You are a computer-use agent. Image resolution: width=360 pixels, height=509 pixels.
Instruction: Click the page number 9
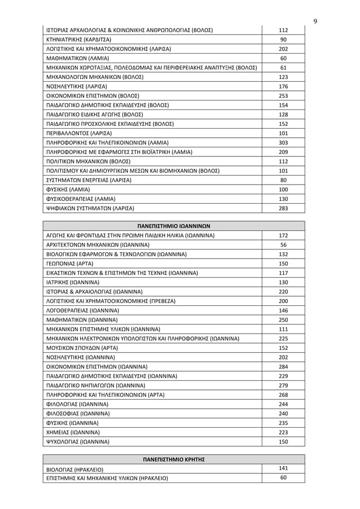pyautogui.click(x=315, y=21)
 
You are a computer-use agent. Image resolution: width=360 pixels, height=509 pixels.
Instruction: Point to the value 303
pyautogui.click(x=284, y=142)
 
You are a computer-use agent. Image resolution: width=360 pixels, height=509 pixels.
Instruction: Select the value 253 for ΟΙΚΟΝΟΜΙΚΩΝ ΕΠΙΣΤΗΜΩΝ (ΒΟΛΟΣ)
pyautogui.click(x=284, y=95)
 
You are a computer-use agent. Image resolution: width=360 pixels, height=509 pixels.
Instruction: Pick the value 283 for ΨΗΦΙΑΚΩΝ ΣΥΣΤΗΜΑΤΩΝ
pyautogui.click(x=284, y=208)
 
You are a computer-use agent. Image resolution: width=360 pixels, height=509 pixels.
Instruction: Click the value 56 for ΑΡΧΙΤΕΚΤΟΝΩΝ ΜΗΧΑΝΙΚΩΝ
pyautogui.click(x=284, y=244)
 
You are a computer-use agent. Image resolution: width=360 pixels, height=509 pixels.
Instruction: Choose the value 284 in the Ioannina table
pyautogui.click(x=284, y=366)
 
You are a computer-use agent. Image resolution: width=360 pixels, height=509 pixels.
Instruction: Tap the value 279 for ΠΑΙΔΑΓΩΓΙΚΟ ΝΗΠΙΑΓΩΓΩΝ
pyautogui.click(x=284, y=384)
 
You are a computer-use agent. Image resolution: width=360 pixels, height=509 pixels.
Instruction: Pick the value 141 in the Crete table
pyautogui.click(x=284, y=468)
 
